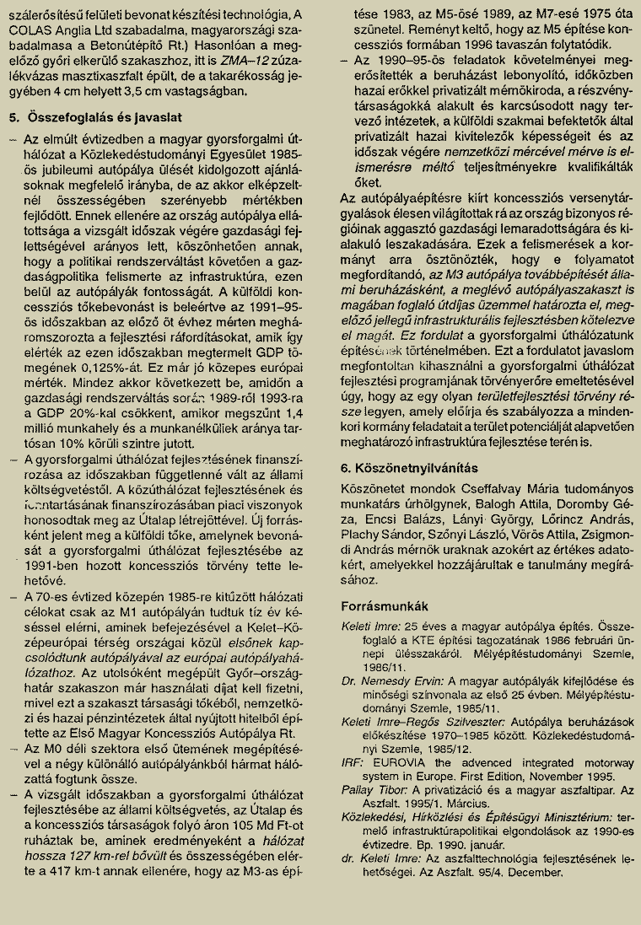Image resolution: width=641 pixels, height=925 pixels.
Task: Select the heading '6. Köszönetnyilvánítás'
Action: [x=409, y=467]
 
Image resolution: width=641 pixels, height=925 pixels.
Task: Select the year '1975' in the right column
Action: [x=577, y=14]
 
